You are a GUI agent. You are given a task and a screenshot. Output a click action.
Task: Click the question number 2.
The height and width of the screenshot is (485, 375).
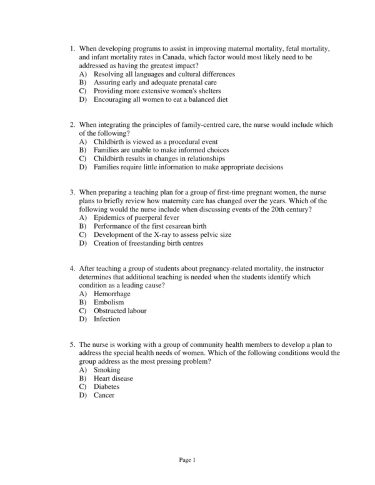[72, 125]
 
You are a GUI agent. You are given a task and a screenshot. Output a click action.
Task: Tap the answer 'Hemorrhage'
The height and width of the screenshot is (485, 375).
[112, 294]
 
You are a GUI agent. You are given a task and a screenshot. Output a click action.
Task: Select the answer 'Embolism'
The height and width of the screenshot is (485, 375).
[109, 302]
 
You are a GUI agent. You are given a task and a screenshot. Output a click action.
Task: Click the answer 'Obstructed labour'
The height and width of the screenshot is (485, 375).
[120, 311]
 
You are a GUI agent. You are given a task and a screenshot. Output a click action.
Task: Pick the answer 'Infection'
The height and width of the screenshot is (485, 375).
[107, 319]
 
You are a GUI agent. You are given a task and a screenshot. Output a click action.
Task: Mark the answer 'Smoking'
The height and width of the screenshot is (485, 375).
[107, 370]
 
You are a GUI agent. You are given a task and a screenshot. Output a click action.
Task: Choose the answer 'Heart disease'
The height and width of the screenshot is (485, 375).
[113, 378]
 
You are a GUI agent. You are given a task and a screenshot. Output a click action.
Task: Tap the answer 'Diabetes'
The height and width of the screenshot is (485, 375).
[107, 387]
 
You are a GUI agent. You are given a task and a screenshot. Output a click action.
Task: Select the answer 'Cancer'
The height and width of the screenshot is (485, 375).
[104, 395]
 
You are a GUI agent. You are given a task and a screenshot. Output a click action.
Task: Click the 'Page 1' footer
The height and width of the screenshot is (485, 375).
[187, 461]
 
